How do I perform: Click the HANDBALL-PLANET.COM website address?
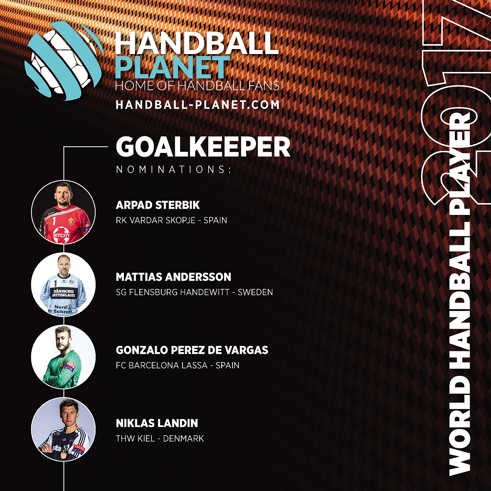(x=197, y=105)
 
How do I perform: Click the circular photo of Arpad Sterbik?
(x=63, y=212)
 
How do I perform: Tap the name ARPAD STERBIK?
(x=158, y=205)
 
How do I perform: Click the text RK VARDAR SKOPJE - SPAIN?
(x=171, y=220)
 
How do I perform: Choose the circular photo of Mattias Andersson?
(x=63, y=285)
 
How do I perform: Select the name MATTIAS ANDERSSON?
(x=173, y=277)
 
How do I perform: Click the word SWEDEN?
(x=255, y=292)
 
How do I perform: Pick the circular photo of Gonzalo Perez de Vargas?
(x=63, y=357)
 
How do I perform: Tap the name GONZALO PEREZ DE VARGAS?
(x=192, y=350)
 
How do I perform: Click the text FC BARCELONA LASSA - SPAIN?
(x=178, y=365)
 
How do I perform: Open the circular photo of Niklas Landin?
(x=63, y=429)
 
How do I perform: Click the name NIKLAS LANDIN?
(x=157, y=423)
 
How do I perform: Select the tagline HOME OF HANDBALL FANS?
(x=197, y=86)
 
